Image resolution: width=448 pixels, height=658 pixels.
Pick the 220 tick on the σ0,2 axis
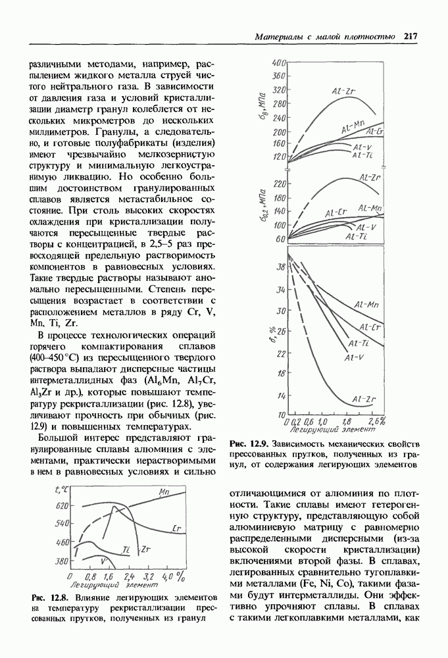[278, 182]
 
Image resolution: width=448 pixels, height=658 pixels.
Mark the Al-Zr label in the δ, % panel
[364, 399]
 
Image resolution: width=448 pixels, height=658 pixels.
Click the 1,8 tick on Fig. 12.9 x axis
[346, 421]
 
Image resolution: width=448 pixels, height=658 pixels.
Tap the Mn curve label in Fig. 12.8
[165, 491]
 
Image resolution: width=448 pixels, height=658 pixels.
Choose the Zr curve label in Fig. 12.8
[147, 548]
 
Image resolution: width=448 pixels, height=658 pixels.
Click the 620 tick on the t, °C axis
[62, 505]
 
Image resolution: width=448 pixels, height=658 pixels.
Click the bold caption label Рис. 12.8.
[50, 597]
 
